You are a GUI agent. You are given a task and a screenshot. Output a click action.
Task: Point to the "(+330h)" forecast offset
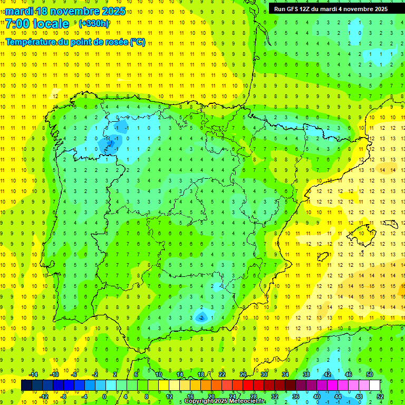(93, 24)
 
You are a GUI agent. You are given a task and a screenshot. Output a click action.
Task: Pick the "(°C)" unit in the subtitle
(138, 42)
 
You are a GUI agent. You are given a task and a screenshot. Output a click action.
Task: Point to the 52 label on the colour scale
(380, 397)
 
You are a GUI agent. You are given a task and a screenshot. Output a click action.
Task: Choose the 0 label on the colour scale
(104, 397)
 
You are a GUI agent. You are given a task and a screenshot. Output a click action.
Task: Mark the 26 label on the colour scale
(243, 374)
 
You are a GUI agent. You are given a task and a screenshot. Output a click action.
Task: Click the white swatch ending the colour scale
(375, 385)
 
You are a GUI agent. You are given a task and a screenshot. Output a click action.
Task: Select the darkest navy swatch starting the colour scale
(26, 385)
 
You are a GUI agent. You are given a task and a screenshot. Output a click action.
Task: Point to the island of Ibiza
(323, 257)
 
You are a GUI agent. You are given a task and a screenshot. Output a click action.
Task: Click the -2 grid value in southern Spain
(201, 318)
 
